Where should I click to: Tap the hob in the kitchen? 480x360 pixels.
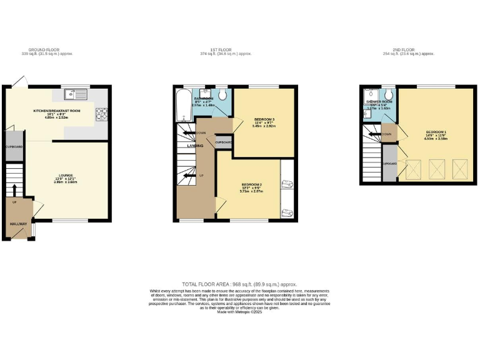(x=101, y=114)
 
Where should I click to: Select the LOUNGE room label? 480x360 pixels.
(x=66, y=175)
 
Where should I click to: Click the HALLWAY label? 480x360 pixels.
(x=16, y=223)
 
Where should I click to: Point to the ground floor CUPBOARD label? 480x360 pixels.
(x=14, y=147)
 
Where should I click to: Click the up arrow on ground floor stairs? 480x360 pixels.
(x=14, y=189)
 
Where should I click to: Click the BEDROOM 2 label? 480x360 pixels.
(x=252, y=184)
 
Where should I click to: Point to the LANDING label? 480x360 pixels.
(x=187, y=146)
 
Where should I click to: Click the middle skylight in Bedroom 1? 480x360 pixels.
(x=435, y=168)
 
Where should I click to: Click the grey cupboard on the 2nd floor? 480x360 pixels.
(x=389, y=162)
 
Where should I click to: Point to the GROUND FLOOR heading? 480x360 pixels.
(x=42, y=49)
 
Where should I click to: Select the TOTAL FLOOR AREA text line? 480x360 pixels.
(x=239, y=284)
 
